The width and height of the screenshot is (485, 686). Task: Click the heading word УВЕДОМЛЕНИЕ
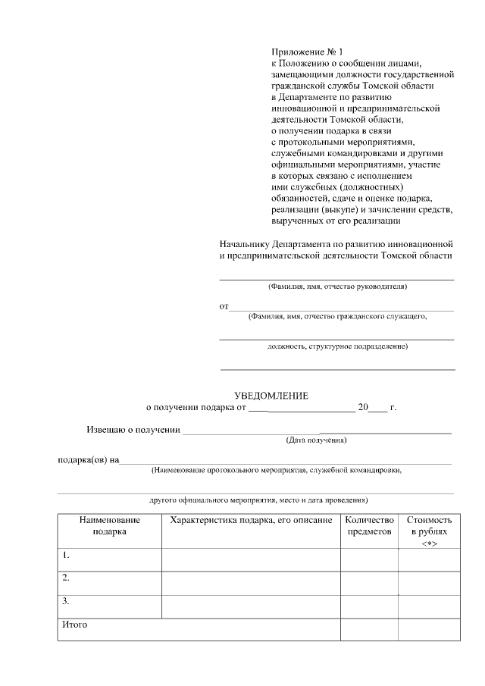click(x=271, y=395)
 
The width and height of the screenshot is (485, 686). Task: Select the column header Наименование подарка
click(x=110, y=525)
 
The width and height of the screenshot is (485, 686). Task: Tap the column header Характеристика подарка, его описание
click(x=251, y=520)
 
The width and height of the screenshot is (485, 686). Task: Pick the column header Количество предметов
click(x=369, y=525)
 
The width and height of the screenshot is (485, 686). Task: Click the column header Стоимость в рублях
click(x=429, y=525)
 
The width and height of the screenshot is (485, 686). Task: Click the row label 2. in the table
click(x=66, y=578)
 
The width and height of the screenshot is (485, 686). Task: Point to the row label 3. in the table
click(x=66, y=602)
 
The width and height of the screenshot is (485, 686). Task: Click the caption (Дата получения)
click(x=316, y=440)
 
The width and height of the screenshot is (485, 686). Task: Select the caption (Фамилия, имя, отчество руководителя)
click(x=337, y=287)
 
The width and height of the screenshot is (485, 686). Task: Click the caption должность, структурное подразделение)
click(x=337, y=347)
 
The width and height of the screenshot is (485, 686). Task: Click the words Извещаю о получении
click(x=133, y=431)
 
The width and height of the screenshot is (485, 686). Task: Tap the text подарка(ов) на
click(x=89, y=459)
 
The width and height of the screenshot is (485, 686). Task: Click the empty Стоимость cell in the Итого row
click(x=429, y=629)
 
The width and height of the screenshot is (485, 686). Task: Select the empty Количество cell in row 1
click(x=369, y=559)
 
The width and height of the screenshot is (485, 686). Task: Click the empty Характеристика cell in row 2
click(x=251, y=582)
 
